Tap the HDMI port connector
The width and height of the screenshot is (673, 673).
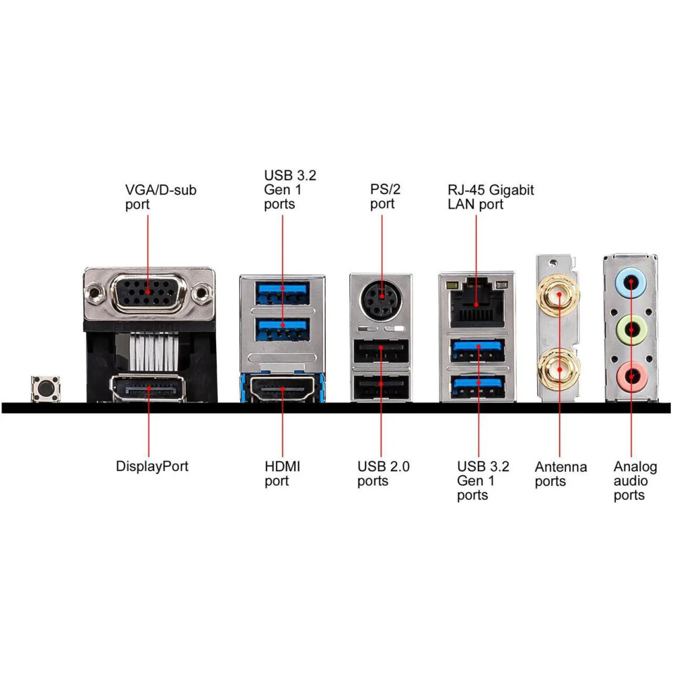tap(283, 388)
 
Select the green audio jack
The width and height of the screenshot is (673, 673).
tap(631, 329)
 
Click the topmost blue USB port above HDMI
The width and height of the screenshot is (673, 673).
tap(283, 290)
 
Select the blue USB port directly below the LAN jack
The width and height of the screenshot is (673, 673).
tap(478, 349)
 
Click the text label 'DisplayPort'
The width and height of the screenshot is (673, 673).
tap(152, 466)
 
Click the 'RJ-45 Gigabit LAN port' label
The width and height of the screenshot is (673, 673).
tap(491, 197)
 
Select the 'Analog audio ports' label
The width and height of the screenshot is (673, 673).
tap(635, 481)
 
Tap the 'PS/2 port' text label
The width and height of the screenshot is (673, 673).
tap(385, 196)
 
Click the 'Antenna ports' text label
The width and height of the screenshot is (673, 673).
tap(561, 473)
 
